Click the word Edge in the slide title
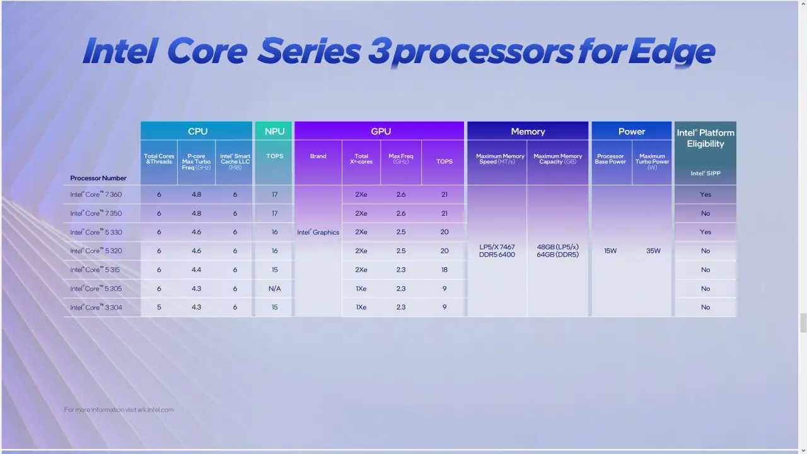pos(671,52)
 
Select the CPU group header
pos(197,131)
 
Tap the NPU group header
pos(274,131)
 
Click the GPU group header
pos(381,131)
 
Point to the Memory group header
pos(528,132)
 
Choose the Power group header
pos(632,132)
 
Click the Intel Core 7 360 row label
pos(96,194)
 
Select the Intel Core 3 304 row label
pos(96,307)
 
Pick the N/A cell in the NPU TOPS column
pos(274,289)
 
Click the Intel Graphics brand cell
pos(318,232)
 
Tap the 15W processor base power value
pos(610,251)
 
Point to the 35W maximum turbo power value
pos(653,251)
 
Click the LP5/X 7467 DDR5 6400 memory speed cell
pos(497,251)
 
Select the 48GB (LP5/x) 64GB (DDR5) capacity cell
pos(558,251)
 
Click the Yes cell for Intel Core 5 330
pos(705,232)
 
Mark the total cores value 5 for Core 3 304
pos(159,307)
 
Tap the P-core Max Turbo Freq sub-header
pos(196,162)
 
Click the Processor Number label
pos(98,178)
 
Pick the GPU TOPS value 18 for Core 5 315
pos(444,270)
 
